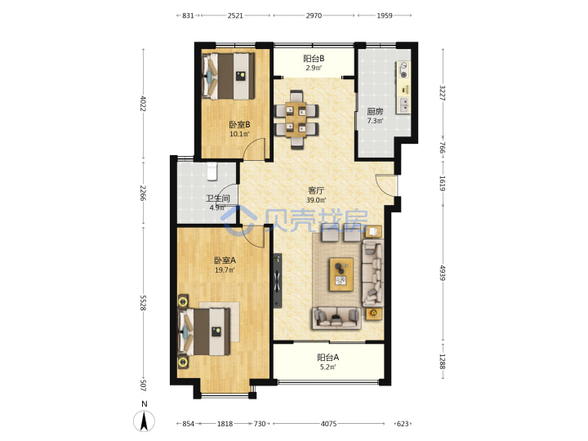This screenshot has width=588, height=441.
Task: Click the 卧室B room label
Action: [x=239, y=124]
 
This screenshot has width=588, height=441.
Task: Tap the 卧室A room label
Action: [x=225, y=261]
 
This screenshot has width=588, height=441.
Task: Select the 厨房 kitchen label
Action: [x=375, y=111]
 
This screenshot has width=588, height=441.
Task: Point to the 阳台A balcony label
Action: [x=328, y=358]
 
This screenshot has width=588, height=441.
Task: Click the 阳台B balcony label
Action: [x=314, y=59]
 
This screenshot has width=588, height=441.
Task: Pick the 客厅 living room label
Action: [x=316, y=190]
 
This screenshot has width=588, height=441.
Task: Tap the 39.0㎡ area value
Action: [x=316, y=200]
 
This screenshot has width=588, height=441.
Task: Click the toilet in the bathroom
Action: [x=212, y=171]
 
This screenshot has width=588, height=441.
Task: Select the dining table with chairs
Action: [x=296, y=119]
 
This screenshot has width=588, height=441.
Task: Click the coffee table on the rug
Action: [x=341, y=274]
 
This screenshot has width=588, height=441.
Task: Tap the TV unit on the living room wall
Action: [x=278, y=280]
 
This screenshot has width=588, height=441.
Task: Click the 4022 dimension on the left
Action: [x=143, y=104]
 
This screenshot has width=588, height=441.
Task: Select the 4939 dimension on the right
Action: [x=443, y=273]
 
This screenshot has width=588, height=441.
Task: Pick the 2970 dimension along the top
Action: [x=314, y=16]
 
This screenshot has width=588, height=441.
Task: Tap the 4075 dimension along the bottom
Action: [x=328, y=424]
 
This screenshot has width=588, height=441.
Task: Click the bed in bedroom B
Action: [x=229, y=76]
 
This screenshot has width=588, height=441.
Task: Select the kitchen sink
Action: [x=404, y=105]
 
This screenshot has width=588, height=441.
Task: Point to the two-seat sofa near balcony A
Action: [x=336, y=318]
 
